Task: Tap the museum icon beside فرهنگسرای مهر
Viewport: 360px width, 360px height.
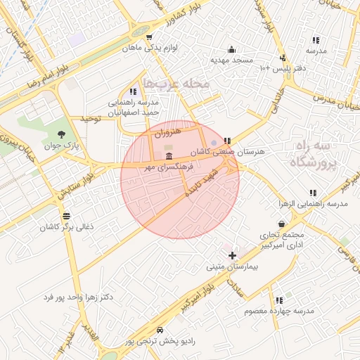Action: (169, 156)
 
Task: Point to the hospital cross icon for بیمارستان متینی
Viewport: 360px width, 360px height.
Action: (233, 255)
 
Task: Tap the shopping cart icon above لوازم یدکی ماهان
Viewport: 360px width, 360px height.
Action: (148, 37)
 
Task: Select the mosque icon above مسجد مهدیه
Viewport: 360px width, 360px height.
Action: (231, 49)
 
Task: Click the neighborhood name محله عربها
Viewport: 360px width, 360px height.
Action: (176, 84)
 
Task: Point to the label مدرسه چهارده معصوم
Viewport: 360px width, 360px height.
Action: (279, 311)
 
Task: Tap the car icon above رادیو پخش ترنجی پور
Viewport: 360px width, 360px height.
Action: (160, 330)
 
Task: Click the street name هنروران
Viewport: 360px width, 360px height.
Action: (169, 131)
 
